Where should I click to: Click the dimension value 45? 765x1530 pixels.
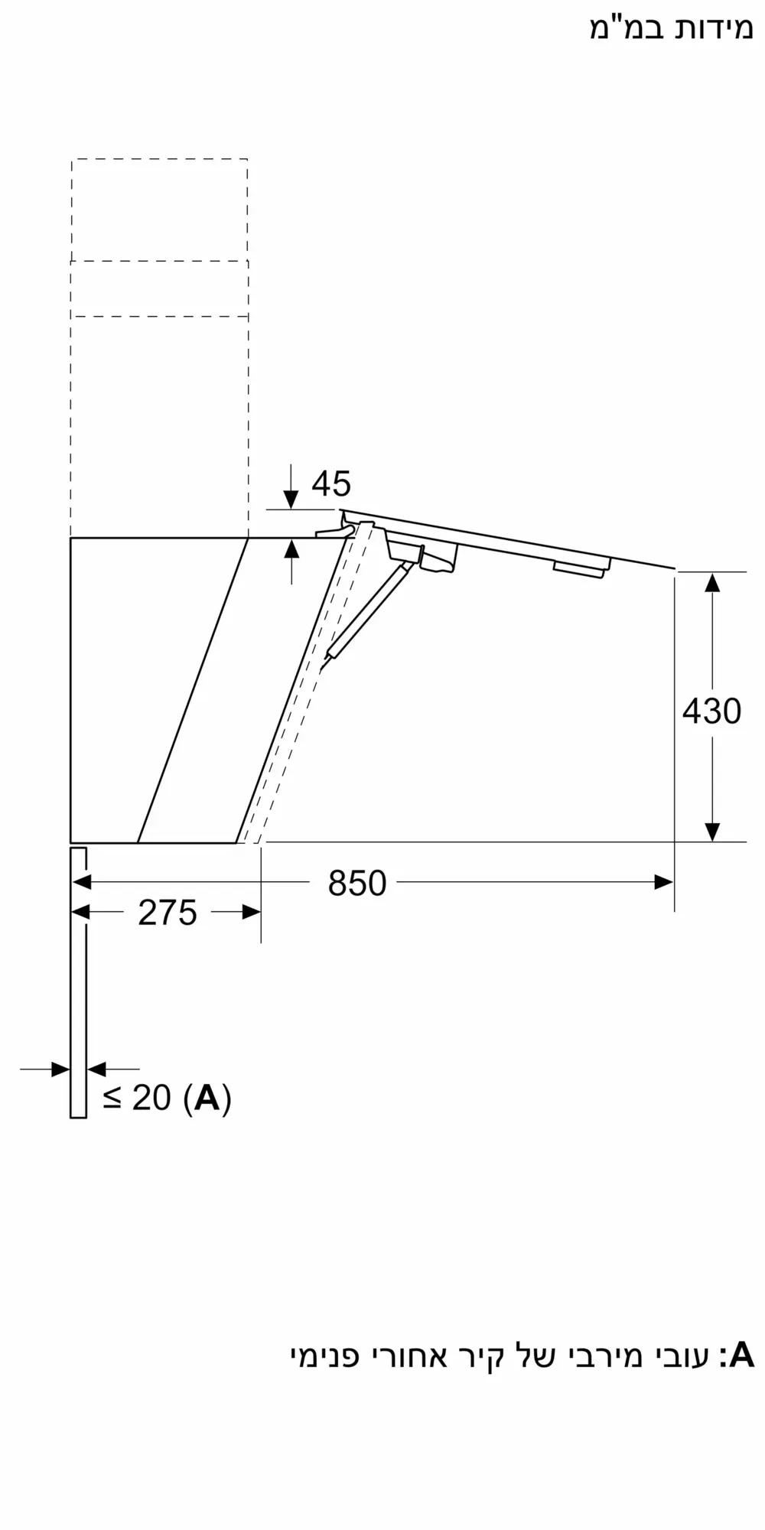click(331, 483)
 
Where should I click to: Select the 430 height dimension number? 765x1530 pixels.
click(711, 711)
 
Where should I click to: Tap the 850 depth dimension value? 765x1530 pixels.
click(357, 884)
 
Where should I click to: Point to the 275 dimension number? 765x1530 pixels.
click(168, 913)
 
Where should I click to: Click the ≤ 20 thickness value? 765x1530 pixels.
click(137, 1098)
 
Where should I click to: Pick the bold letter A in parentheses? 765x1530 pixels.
click(207, 1098)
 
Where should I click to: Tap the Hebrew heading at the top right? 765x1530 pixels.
click(671, 29)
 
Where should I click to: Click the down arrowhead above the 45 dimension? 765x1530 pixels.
click(291, 500)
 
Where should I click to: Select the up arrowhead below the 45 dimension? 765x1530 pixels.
click(291, 549)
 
